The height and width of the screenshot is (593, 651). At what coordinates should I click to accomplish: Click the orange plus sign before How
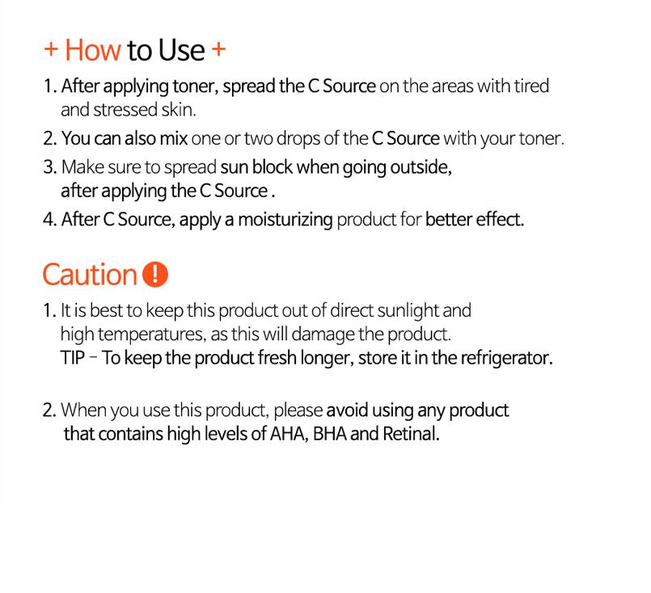pos(51,49)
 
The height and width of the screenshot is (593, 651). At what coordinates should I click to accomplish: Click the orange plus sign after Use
pos(218,49)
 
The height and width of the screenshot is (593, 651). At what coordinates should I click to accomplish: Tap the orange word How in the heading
pos(93,50)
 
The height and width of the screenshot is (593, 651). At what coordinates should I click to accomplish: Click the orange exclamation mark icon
pos(154,275)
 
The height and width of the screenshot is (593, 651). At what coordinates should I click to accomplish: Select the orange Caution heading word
pos(90,275)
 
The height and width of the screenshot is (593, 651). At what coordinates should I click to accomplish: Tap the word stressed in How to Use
pos(125,110)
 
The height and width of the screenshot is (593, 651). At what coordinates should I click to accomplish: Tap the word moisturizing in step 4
pos(285,220)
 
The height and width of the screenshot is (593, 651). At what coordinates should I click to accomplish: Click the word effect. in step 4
pos(500,220)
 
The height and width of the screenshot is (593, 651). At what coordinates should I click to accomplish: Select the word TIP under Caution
pos(73,358)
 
